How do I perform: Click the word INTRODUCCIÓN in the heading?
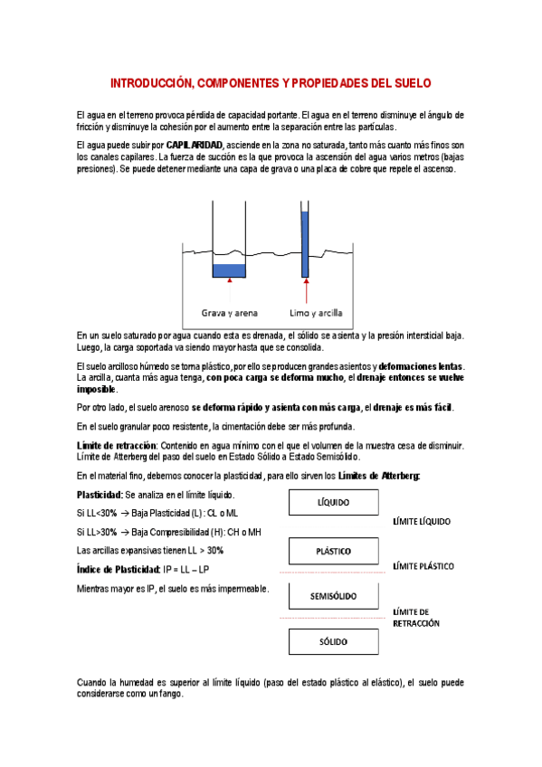pos(149,83)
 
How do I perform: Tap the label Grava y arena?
pos(229,313)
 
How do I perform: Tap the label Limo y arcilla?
pos(316,313)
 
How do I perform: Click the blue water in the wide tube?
pos(229,270)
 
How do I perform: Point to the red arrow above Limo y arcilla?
pos(306,291)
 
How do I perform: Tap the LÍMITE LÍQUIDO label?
pos(422,522)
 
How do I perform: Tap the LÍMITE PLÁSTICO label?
pos(423,566)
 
